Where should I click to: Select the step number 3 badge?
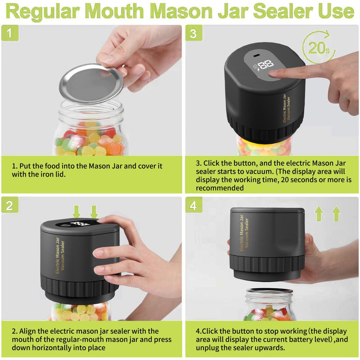(193, 33)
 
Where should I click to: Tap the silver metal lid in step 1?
(91, 83)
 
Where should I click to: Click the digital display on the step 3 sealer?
(265, 65)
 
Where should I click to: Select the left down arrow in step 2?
(77, 212)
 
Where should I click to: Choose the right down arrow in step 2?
(94, 212)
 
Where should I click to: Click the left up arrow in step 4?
(319, 213)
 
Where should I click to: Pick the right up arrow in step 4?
(336, 213)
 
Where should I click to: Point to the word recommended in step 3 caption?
(220, 188)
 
